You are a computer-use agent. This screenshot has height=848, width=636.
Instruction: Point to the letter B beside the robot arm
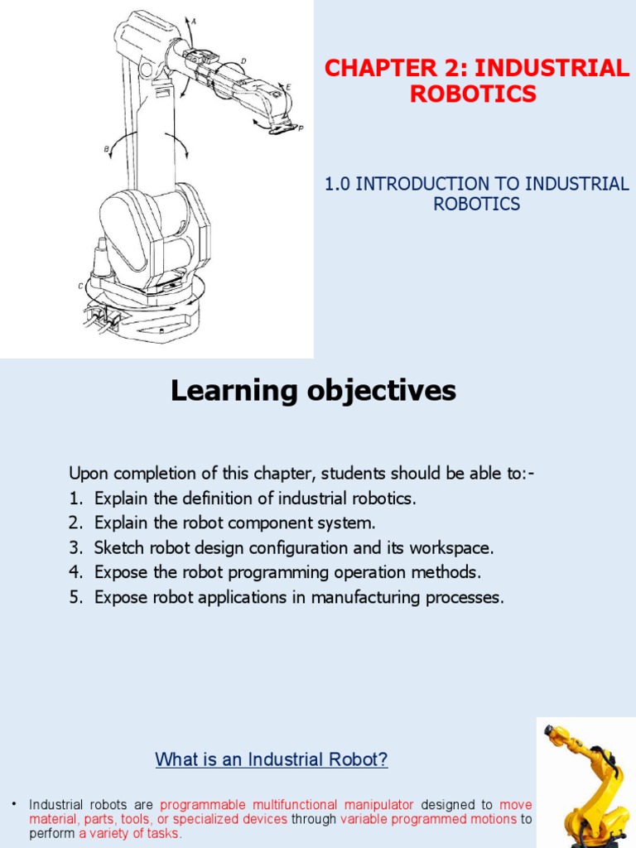click(x=107, y=149)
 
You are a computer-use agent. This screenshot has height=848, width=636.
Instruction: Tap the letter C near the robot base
click(x=80, y=286)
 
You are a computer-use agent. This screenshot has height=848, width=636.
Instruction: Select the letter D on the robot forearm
click(x=243, y=60)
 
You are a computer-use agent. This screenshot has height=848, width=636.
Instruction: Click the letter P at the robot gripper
click(x=300, y=129)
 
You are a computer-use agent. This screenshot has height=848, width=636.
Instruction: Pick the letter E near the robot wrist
click(x=287, y=85)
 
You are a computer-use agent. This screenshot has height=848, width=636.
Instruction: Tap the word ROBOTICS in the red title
click(x=473, y=94)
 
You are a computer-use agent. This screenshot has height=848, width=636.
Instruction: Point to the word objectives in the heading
click(x=378, y=390)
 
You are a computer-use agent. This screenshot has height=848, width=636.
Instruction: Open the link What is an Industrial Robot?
click(x=272, y=759)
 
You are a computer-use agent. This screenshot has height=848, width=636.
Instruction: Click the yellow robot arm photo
click(x=586, y=783)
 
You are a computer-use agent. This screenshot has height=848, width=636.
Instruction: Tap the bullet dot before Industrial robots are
click(x=14, y=804)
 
